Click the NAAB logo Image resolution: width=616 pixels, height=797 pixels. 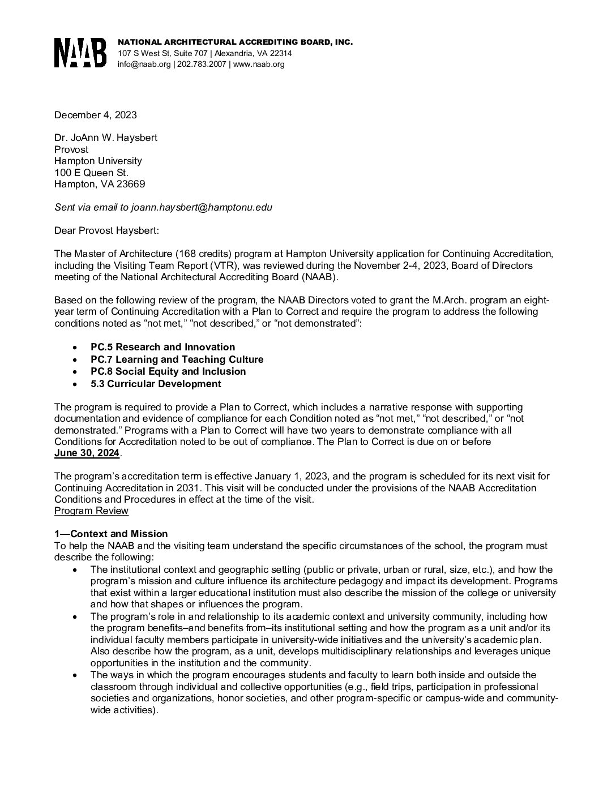pyautogui.click(x=80, y=53)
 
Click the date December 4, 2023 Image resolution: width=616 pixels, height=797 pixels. pyautogui.click(x=95, y=115)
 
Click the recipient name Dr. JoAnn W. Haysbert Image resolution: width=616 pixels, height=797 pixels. pyautogui.click(x=105, y=138)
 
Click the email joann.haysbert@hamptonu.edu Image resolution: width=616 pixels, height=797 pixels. pyautogui.click(x=202, y=207)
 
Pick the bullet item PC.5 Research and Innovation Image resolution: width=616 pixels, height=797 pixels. pyautogui.click(x=162, y=347)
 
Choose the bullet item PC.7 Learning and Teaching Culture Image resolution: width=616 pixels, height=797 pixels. pyautogui.click(x=177, y=359)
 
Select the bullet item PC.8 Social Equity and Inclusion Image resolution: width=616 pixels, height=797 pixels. pyautogui.click(x=168, y=371)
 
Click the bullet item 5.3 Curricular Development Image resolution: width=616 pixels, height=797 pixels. pyautogui.click(x=155, y=384)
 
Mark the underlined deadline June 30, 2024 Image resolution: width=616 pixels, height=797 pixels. pyautogui.click(x=87, y=453)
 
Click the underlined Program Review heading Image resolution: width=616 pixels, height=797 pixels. pyautogui.click(x=91, y=511)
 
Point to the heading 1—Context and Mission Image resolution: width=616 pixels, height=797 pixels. pyautogui.click(x=111, y=534)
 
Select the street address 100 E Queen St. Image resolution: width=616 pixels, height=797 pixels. pyautogui.click(x=91, y=173)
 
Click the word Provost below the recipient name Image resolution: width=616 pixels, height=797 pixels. pyautogui.click(x=71, y=149)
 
